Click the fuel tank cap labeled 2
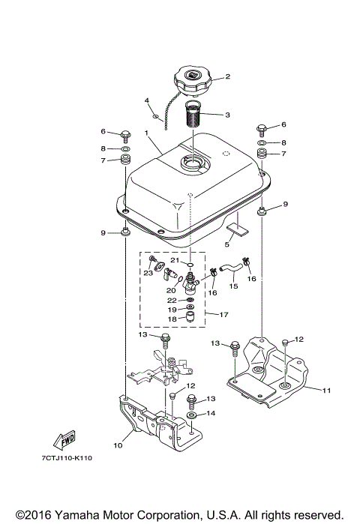pyautogui.click(x=193, y=78)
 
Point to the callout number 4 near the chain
pyautogui.click(x=147, y=100)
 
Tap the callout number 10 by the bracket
pyautogui.click(x=118, y=445)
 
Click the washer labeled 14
pyautogui.click(x=192, y=413)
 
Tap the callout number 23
pyautogui.click(x=148, y=274)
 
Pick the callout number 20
pyautogui.click(x=171, y=290)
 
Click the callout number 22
pyautogui.click(x=172, y=300)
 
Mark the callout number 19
pyautogui.click(x=172, y=310)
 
